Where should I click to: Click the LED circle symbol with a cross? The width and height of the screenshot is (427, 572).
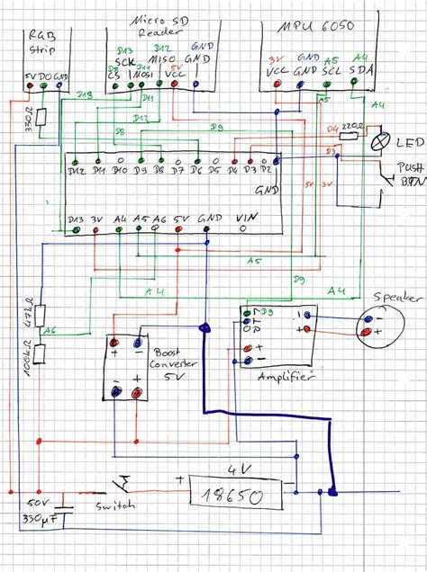[x=381, y=140]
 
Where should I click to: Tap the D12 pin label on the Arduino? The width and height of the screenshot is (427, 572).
[x=76, y=171]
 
